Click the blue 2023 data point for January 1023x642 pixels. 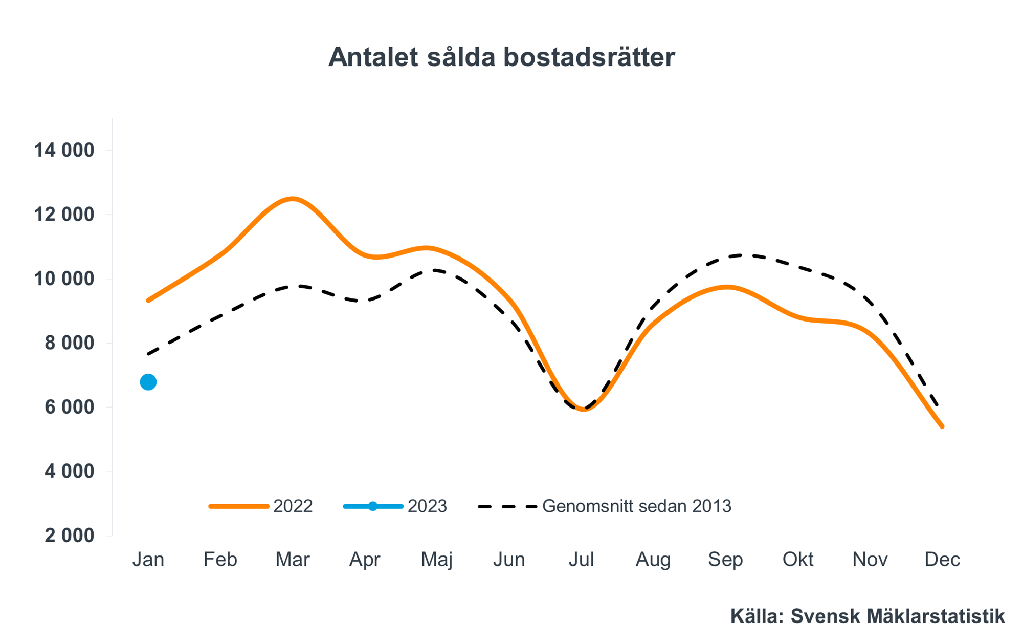[x=148, y=382]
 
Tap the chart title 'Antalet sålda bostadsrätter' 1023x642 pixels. [x=501, y=57]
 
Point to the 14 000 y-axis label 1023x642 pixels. [x=64, y=150]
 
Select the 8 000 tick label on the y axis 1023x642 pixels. [x=70, y=343]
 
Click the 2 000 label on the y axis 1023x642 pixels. [x=70, y=536]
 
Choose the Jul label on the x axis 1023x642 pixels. [x=581, y=559]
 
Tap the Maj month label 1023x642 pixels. [x=436, y=560]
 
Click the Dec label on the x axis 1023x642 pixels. [x=942, y=559]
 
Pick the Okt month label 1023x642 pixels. [x=797, y=559]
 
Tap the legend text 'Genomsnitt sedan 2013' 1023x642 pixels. [x=636, y=506]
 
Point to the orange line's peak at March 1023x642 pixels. [x=292, y=199]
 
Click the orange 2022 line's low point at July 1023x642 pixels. [x=583, y=409]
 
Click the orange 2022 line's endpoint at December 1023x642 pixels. [x=942, y=426]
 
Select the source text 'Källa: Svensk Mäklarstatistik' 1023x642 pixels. [x=867, y=616]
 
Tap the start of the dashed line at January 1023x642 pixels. [x=148, y=354]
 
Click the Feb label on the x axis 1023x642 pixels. [x=220, y=559]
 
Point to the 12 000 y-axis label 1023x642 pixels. [x=64, y=214]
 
